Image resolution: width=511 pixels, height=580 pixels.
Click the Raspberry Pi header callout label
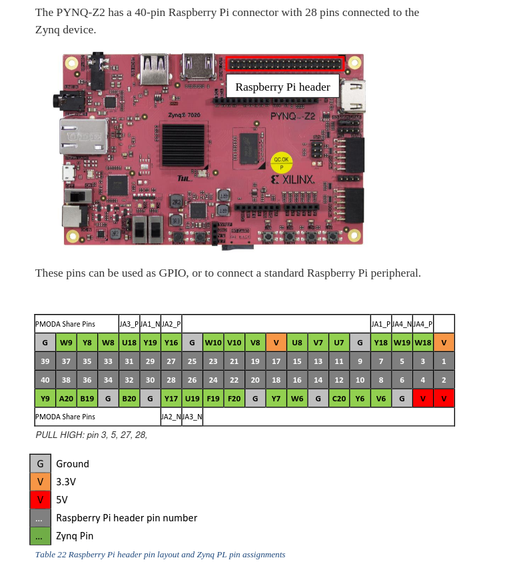(x=282, y=87)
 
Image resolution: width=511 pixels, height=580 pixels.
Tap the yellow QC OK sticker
(x=281, y=163)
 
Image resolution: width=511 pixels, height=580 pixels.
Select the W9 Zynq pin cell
(x=66, y=343)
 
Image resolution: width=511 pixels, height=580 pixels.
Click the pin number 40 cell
(x=45, y=380)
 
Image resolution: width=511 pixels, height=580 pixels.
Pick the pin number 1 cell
(x=444, y=361)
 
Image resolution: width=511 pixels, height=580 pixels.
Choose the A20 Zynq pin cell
(x=66, y=399)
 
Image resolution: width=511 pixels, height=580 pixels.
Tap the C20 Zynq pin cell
(x=339, y=399)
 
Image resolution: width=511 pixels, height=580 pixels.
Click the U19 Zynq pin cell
(x=192, y=399)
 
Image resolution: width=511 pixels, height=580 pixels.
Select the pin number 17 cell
(x=276, y=361)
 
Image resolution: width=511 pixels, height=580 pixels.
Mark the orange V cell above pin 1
(x=444, y=343)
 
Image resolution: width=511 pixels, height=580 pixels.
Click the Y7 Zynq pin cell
(x=276, y=399)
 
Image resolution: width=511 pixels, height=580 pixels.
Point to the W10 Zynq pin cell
(x=213, y=343)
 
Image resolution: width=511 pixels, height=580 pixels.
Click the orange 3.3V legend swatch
(x=40, y=481)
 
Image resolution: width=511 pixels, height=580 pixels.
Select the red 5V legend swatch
(x=40, y=499)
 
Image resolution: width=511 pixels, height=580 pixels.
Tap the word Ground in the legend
(x=73, y=463)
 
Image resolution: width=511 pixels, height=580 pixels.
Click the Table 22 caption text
(x=160, y=555)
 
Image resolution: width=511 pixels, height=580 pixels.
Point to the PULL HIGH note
(x=91, y=435)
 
